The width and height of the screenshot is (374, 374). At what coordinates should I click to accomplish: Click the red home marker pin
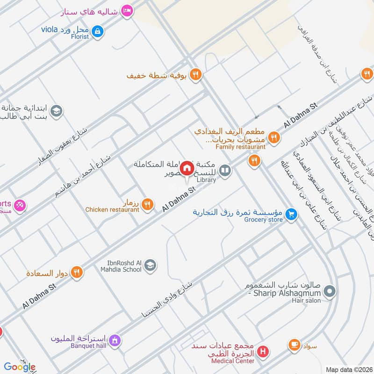click(x=187, y=168)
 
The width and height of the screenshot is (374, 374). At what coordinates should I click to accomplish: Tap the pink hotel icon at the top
click(x=126, y=10)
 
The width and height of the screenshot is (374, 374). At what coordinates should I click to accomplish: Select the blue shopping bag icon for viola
click(x=97, y=31)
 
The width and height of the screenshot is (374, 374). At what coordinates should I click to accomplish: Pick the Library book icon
click(x=225, y=171)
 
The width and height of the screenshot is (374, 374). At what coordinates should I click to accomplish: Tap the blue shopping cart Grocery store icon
click(x=292, y=214)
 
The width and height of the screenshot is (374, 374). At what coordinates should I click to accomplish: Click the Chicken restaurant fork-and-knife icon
click(x=148, y=203)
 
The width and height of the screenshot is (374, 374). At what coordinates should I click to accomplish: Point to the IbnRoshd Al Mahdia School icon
click(x=150, y=266)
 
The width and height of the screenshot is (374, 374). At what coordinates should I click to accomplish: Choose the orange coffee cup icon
click(x=294, y=345)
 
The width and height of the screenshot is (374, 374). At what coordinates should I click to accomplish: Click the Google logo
click(x=20, y=367)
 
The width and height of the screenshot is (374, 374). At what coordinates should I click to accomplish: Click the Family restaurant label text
click(x=240, y=147)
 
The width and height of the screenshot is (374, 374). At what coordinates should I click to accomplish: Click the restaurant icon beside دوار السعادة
click(x=77, y=272)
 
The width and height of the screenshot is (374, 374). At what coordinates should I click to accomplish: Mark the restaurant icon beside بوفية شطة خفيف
click(x=196, y=74)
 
